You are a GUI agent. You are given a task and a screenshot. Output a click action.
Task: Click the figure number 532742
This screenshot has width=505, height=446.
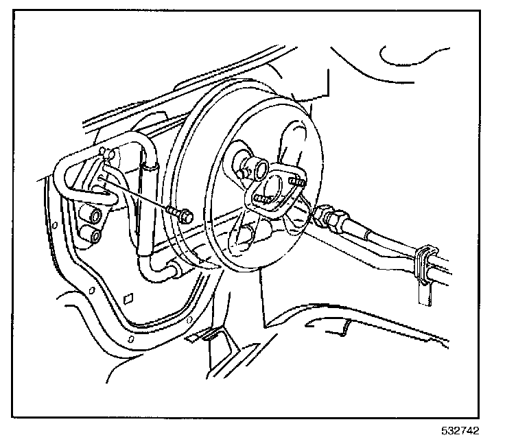click(460, 432)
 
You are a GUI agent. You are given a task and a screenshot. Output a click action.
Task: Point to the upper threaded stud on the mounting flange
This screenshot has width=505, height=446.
click(296, 182)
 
